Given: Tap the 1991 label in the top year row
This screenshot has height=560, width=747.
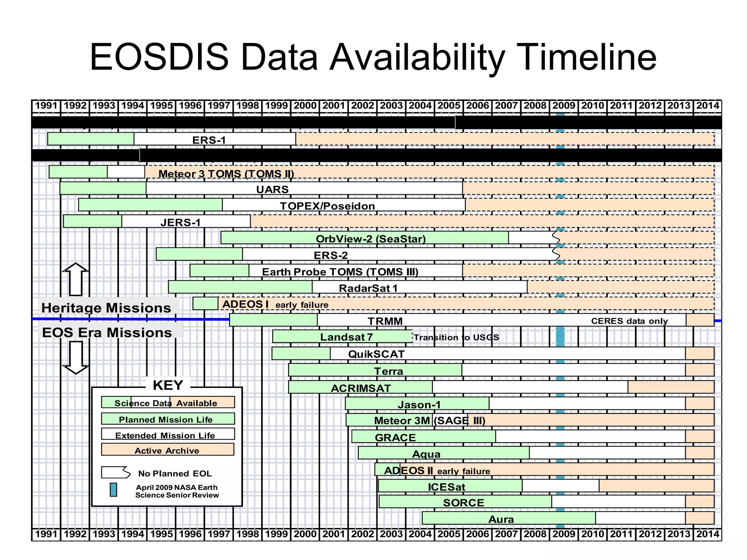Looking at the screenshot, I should [x=46, y=106].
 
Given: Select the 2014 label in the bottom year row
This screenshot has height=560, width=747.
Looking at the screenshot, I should [x=708, y=534].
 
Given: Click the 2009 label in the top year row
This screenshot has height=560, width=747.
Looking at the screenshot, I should [x=564, y=106].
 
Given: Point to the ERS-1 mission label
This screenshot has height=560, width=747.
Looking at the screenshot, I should [x=209, y=140].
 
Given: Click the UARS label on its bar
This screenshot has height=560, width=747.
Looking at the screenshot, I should [x=272, y=189].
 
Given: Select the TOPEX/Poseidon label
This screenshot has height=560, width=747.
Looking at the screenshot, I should [x=327, y=206].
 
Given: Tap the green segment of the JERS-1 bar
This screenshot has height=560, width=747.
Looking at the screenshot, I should [x=93, y=221].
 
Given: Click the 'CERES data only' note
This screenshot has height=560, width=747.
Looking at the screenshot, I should [x=629, y=321].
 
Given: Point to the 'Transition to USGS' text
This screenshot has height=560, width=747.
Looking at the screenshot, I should [x=456, y=337].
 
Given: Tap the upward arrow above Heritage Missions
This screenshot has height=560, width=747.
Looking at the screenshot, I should [x=76, y=279].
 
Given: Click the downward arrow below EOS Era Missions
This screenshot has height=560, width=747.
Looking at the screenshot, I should [x=76, y=357].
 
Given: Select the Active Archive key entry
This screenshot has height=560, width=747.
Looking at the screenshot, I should [x=167, y=450].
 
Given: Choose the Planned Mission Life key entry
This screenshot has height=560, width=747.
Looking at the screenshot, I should [x=167, y=419].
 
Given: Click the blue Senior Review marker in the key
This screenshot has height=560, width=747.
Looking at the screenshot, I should [x=113, y=490].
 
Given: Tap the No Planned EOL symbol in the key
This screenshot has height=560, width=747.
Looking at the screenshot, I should [x=116, y=472].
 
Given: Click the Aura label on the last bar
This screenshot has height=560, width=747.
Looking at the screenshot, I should [x=501, y=519].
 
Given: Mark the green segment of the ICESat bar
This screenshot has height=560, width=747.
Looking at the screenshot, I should [x=450, y=486].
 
